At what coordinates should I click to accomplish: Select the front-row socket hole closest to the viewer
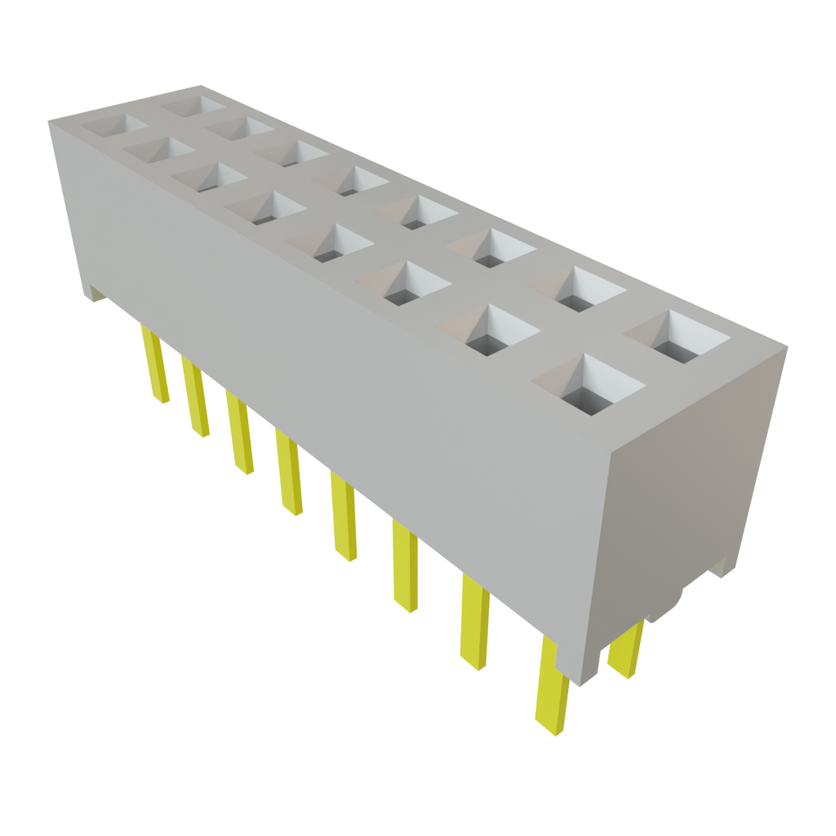(588, 384)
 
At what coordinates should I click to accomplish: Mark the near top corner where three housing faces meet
(612, 450)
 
